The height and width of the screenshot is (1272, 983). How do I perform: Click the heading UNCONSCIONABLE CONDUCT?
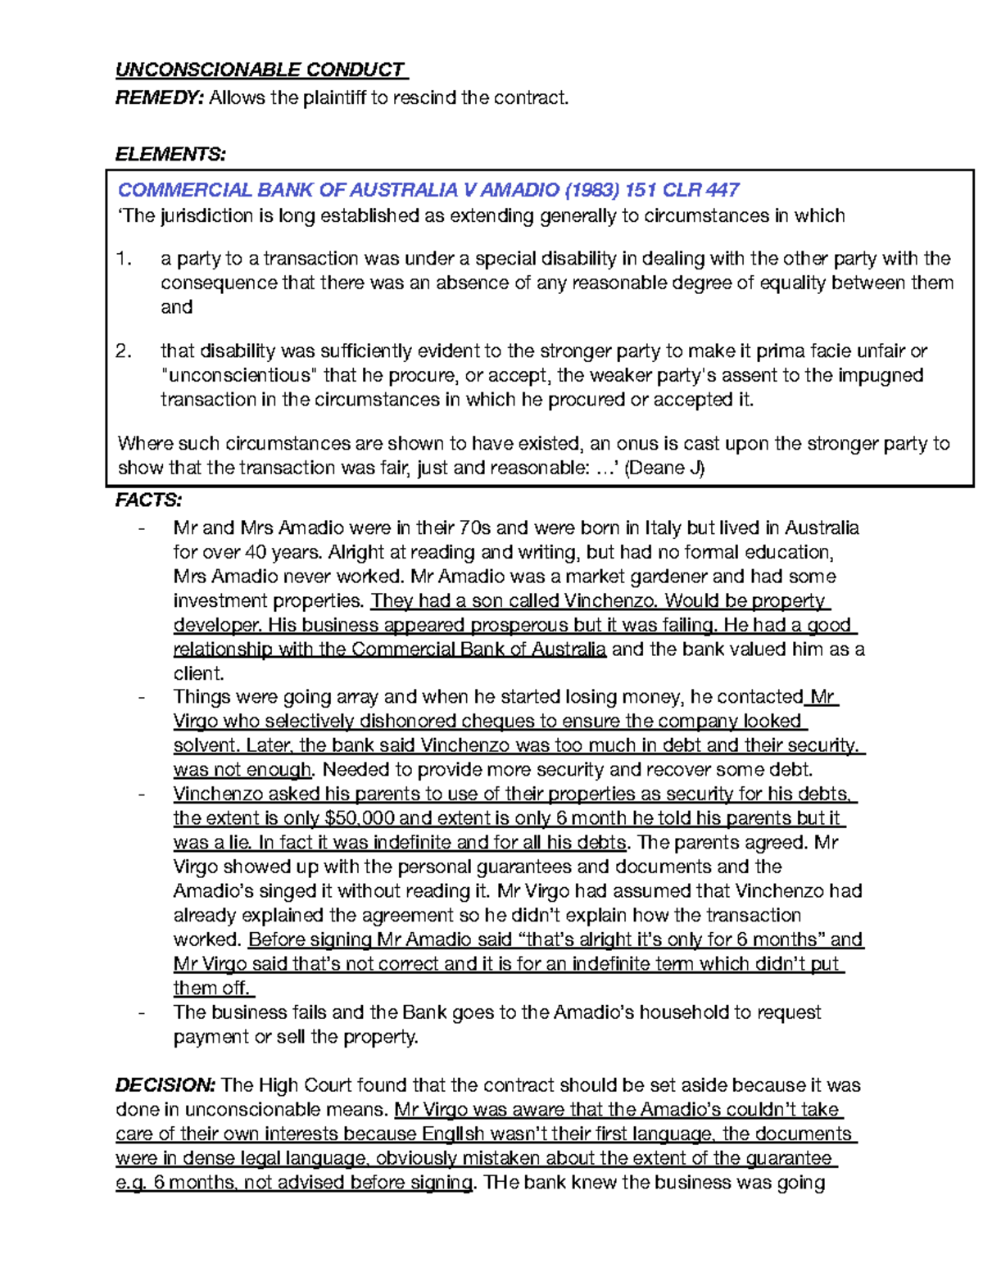(x=260, y=70)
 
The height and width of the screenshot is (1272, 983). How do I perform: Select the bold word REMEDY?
(x=159, y=98)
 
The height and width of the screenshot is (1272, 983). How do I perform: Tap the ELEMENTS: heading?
(x=170, y=154)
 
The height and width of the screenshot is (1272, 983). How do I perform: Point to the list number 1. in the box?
(x=124, y=259)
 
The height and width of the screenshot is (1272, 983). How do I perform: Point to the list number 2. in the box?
(x=124, y=351)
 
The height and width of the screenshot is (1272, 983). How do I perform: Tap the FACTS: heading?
(x=148, y=500)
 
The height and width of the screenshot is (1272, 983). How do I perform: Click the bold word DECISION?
(x=165, y=1085)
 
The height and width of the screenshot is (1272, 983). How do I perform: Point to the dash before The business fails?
(x=143, y=1013)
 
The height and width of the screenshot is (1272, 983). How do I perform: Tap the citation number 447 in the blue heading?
(x=723, y=190)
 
